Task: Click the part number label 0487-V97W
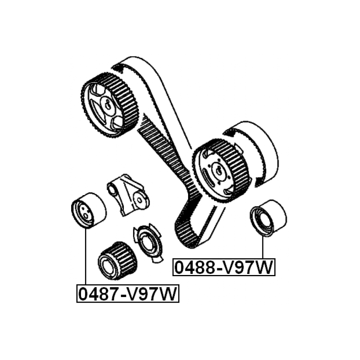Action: coord(127,294)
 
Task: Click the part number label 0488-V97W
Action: coord(224,267)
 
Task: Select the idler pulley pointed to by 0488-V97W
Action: coord(268,218)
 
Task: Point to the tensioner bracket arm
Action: coord(128,195)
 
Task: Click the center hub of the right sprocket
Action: coord(219,171)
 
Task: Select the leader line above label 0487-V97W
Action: coord(86,257)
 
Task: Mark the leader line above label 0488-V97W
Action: coord(262,247)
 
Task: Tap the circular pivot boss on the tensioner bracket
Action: coord(139,200)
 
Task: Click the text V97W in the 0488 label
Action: coord(248,268)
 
